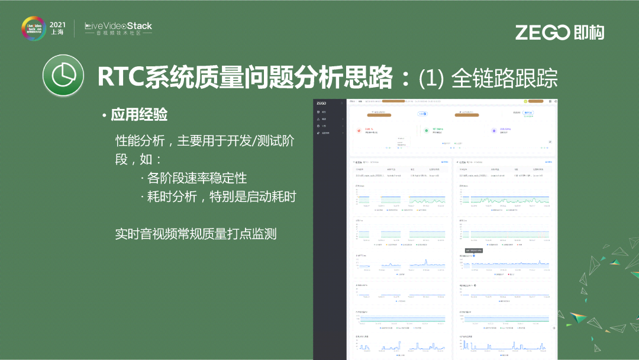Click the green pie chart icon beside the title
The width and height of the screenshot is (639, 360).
[62, 77]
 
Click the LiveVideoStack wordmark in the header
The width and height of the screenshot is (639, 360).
[118, 26]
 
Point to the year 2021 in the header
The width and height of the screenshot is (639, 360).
[57, 24]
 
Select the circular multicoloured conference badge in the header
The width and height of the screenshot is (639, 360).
[33, 28]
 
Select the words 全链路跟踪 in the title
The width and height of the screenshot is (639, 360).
[504, 78]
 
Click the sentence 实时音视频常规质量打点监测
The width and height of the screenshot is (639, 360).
[196, 233]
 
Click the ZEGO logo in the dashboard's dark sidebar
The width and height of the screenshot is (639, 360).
[321, 103]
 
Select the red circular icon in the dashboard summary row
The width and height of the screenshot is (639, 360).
[359, 130]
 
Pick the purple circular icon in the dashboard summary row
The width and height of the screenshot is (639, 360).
[494, 130]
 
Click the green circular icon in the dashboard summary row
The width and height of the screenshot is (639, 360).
[427, 130]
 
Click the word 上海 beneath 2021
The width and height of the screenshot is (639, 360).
[57, 34]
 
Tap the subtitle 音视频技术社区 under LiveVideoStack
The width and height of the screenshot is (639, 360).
[118, 34]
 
